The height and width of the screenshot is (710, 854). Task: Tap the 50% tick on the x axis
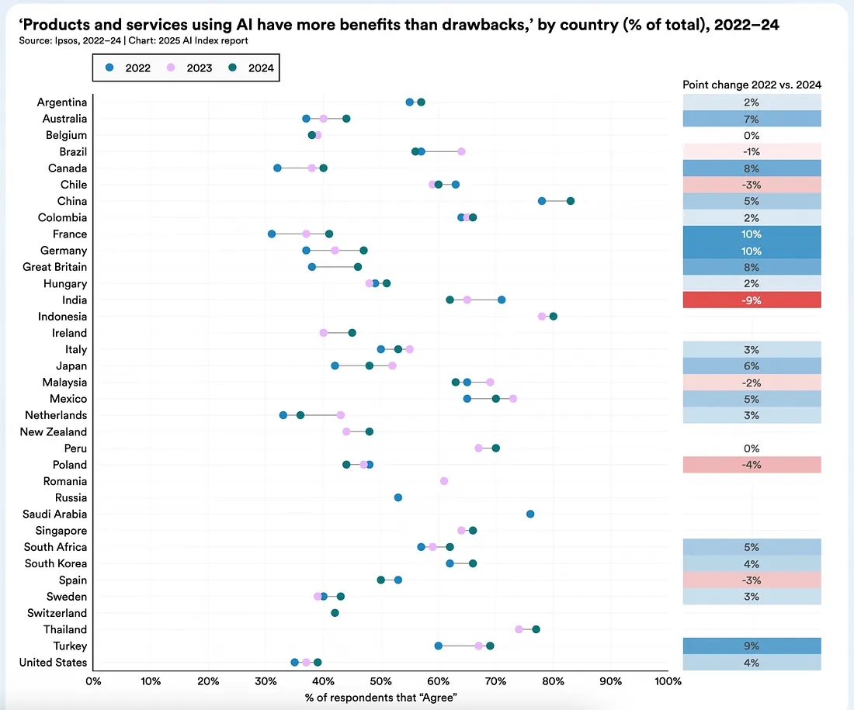coord(380,681)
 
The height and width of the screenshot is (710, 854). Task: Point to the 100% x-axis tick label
coord(667,681)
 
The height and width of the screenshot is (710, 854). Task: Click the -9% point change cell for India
coord(752,300)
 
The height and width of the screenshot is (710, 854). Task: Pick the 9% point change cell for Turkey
coord(752,646)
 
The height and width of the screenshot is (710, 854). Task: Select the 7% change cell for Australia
coord(752,119)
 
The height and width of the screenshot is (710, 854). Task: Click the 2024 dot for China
coord(571,201)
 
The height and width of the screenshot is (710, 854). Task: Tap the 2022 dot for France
coord(272,234)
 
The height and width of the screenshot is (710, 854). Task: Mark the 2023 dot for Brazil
coord(461,151)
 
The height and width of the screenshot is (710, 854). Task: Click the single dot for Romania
coord(444,481)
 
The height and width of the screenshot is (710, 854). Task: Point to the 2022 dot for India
coord(502,300)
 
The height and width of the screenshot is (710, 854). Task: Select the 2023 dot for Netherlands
coord(341,415)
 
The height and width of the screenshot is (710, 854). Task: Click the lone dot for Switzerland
coord(335,613)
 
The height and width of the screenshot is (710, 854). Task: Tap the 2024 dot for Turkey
coord(490,646)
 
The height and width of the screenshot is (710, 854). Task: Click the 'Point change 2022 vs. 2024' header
coord(752,85)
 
